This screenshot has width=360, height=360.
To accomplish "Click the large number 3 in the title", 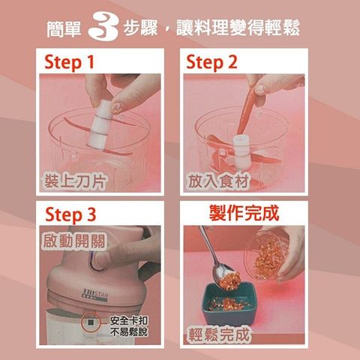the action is [103, 27].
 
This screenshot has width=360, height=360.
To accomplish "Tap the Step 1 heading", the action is [69, 62].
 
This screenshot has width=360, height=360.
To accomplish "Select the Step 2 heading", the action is [211, 62].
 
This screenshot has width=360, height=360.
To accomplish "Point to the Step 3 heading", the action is [70, 214].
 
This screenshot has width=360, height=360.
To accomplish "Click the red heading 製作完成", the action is [244, 213].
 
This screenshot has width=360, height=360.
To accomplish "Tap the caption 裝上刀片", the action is [74, 181].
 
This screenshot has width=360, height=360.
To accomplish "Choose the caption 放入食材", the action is [218, 181].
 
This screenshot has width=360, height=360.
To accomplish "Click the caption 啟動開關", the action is [74, 241].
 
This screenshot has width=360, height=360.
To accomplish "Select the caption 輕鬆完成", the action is [219, 334].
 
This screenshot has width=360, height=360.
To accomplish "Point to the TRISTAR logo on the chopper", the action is [95, 294].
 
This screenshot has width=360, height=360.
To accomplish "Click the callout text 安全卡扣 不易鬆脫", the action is [129, 326].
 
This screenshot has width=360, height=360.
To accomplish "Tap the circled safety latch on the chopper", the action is [91, 322].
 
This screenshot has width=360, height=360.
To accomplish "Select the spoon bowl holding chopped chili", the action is [226, 277].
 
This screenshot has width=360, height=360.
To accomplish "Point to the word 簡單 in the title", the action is [64, 29].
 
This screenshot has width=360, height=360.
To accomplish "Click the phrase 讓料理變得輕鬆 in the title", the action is [238, 28].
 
